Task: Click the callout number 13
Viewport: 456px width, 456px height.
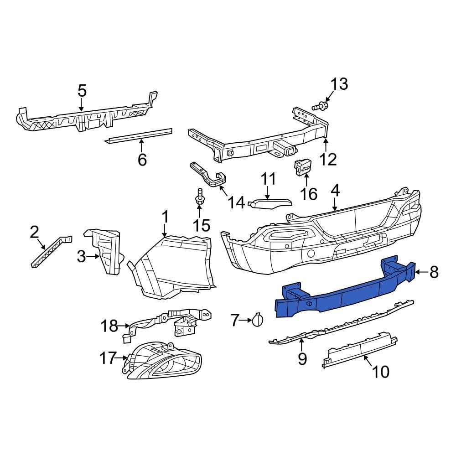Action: (x=339, y=84)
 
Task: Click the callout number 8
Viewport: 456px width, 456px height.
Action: (x=434, y=272)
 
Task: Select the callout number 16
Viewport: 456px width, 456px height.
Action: (x=309, y=194)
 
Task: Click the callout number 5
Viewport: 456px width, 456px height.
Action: (x=82, y=91)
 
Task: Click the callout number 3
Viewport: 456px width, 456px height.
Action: (x=81, y=257)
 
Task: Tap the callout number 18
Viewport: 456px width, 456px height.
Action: (x=109, y=326)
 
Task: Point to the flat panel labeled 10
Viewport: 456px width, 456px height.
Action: (x=360, y=349)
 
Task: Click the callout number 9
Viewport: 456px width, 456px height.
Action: (x=302, y=359)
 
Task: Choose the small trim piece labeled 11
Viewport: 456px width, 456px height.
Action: (x=270, y=202)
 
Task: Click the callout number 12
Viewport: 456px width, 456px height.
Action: (x=328, y=159)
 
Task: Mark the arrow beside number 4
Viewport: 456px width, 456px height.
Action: (x=335, y=204)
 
